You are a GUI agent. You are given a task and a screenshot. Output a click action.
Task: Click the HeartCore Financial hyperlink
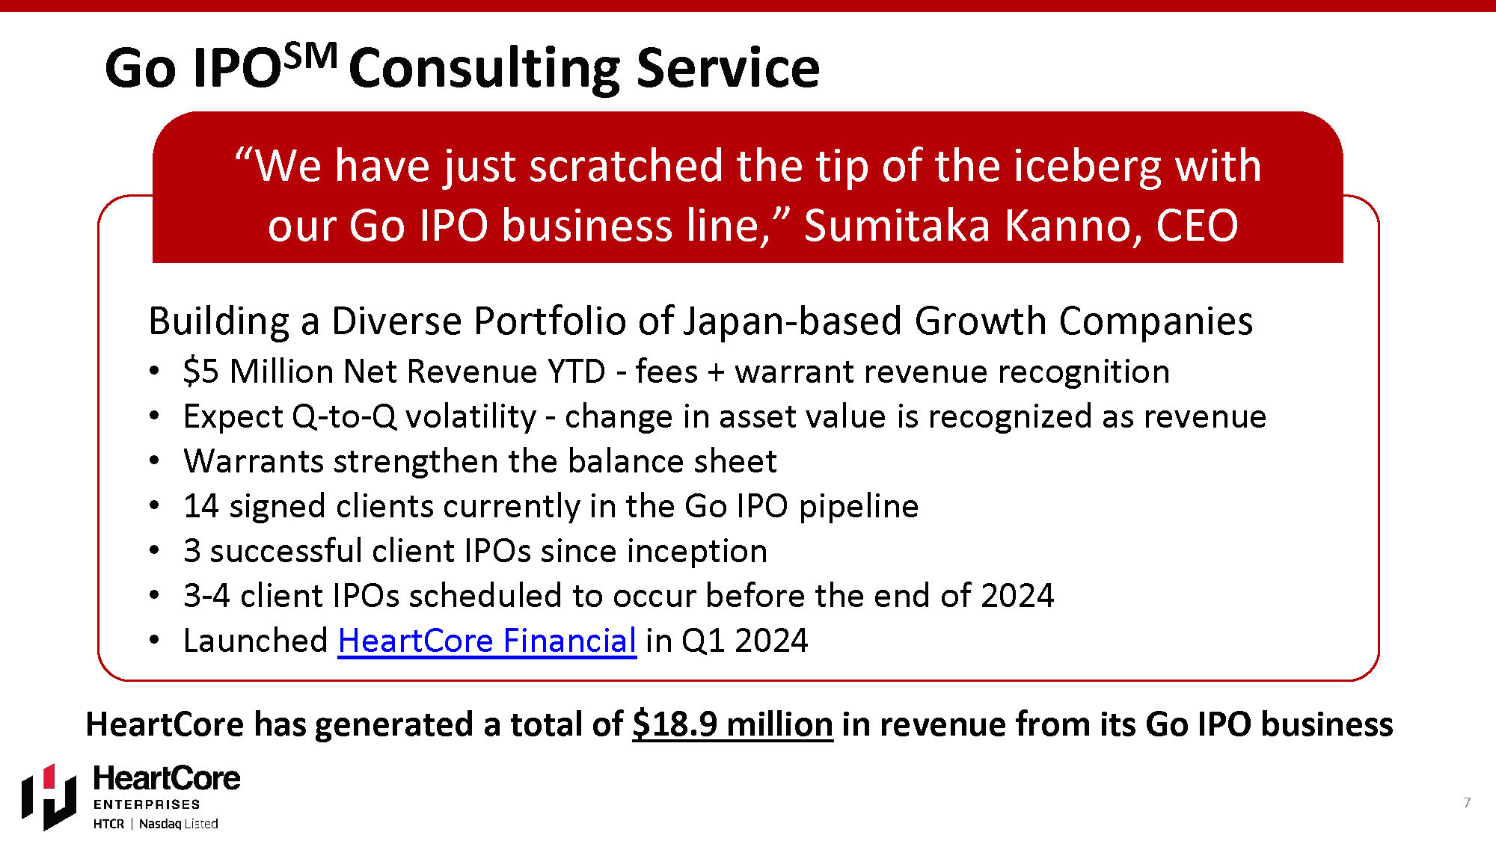coord(487,641)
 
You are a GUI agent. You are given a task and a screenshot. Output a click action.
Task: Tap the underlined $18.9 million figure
coord(732,724)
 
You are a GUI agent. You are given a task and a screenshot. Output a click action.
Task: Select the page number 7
coord(1467,802)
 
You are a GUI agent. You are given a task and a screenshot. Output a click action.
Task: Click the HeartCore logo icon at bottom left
coord(49,797)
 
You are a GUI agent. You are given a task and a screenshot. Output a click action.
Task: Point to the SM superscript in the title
coord(311,56)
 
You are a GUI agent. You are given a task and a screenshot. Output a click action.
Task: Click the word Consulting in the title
coord(484,70)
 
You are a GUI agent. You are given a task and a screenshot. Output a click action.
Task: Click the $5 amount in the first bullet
coord(200,372)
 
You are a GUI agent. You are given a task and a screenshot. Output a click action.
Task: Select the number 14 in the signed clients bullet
coord(200,506)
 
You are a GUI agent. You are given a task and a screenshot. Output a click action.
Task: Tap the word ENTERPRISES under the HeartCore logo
coord(147,804)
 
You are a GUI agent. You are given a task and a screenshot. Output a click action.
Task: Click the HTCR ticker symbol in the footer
coord(108,824)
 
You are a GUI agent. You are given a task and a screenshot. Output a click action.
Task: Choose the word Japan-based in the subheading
coord(792,322)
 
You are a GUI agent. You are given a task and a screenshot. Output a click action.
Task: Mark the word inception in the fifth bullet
coord(696,552)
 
